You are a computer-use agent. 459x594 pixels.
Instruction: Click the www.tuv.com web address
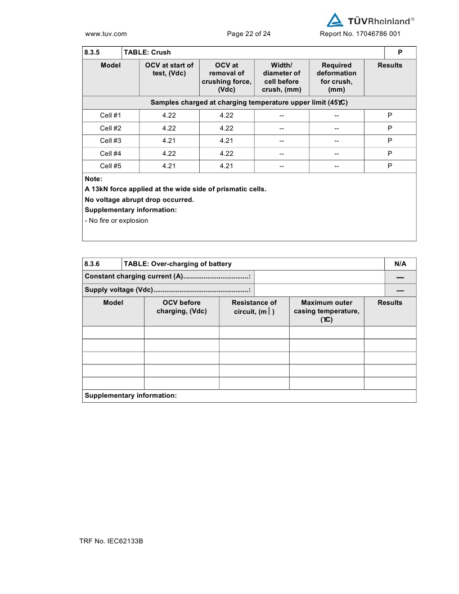(106, 34)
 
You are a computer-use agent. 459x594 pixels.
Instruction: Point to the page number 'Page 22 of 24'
(249, 34)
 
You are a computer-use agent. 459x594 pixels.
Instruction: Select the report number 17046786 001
(360, 34)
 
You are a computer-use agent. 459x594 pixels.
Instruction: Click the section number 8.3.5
(92, 52)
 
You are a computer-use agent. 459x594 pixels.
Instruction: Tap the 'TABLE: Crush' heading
(147, 52)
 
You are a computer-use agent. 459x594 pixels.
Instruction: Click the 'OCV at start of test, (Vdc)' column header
(169, 69)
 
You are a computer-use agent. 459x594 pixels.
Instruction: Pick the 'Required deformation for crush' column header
(336, 77)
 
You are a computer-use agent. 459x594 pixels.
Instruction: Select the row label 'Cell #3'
(111, 141)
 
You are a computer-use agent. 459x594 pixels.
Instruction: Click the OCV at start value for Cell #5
(169, 166)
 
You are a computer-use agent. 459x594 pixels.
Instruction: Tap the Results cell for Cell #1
(390, 115)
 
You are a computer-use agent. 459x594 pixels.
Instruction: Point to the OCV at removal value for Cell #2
(226, 128)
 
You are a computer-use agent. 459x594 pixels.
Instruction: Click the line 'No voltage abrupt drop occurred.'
(139, 200)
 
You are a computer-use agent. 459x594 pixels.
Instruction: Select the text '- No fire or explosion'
(116, 220)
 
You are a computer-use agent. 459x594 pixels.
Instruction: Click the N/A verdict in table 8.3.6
(400, 264)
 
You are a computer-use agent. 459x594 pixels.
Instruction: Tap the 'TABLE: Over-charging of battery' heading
(178, 264)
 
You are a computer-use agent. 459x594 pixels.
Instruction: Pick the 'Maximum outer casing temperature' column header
(327, 311)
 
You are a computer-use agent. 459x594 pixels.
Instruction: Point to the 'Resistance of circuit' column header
(254, 307)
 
